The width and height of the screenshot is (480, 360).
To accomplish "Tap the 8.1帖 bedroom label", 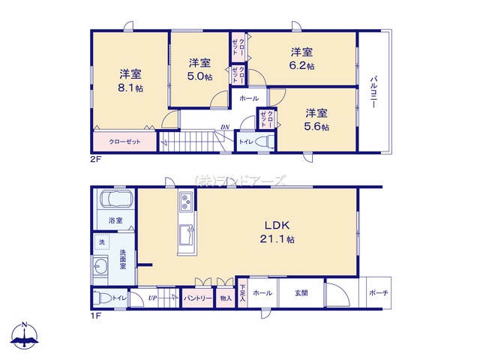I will tap(130, 81).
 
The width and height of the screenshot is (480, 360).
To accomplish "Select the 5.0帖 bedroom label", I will tap(199, 70).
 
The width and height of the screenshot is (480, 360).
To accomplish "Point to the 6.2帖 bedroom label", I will tap(302, 58).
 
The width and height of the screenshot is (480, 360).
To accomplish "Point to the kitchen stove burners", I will tap(186, 200).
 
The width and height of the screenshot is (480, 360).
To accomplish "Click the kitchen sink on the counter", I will tap(186, 232).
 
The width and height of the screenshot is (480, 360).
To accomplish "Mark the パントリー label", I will tap(197, 298).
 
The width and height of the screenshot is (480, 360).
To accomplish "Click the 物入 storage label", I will tap(226, 298).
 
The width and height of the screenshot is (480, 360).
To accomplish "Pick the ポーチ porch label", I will tap(378, 292).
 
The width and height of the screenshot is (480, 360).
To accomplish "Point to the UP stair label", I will tap(153, 298).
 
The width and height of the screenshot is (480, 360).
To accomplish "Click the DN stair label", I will tap(225, 127).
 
